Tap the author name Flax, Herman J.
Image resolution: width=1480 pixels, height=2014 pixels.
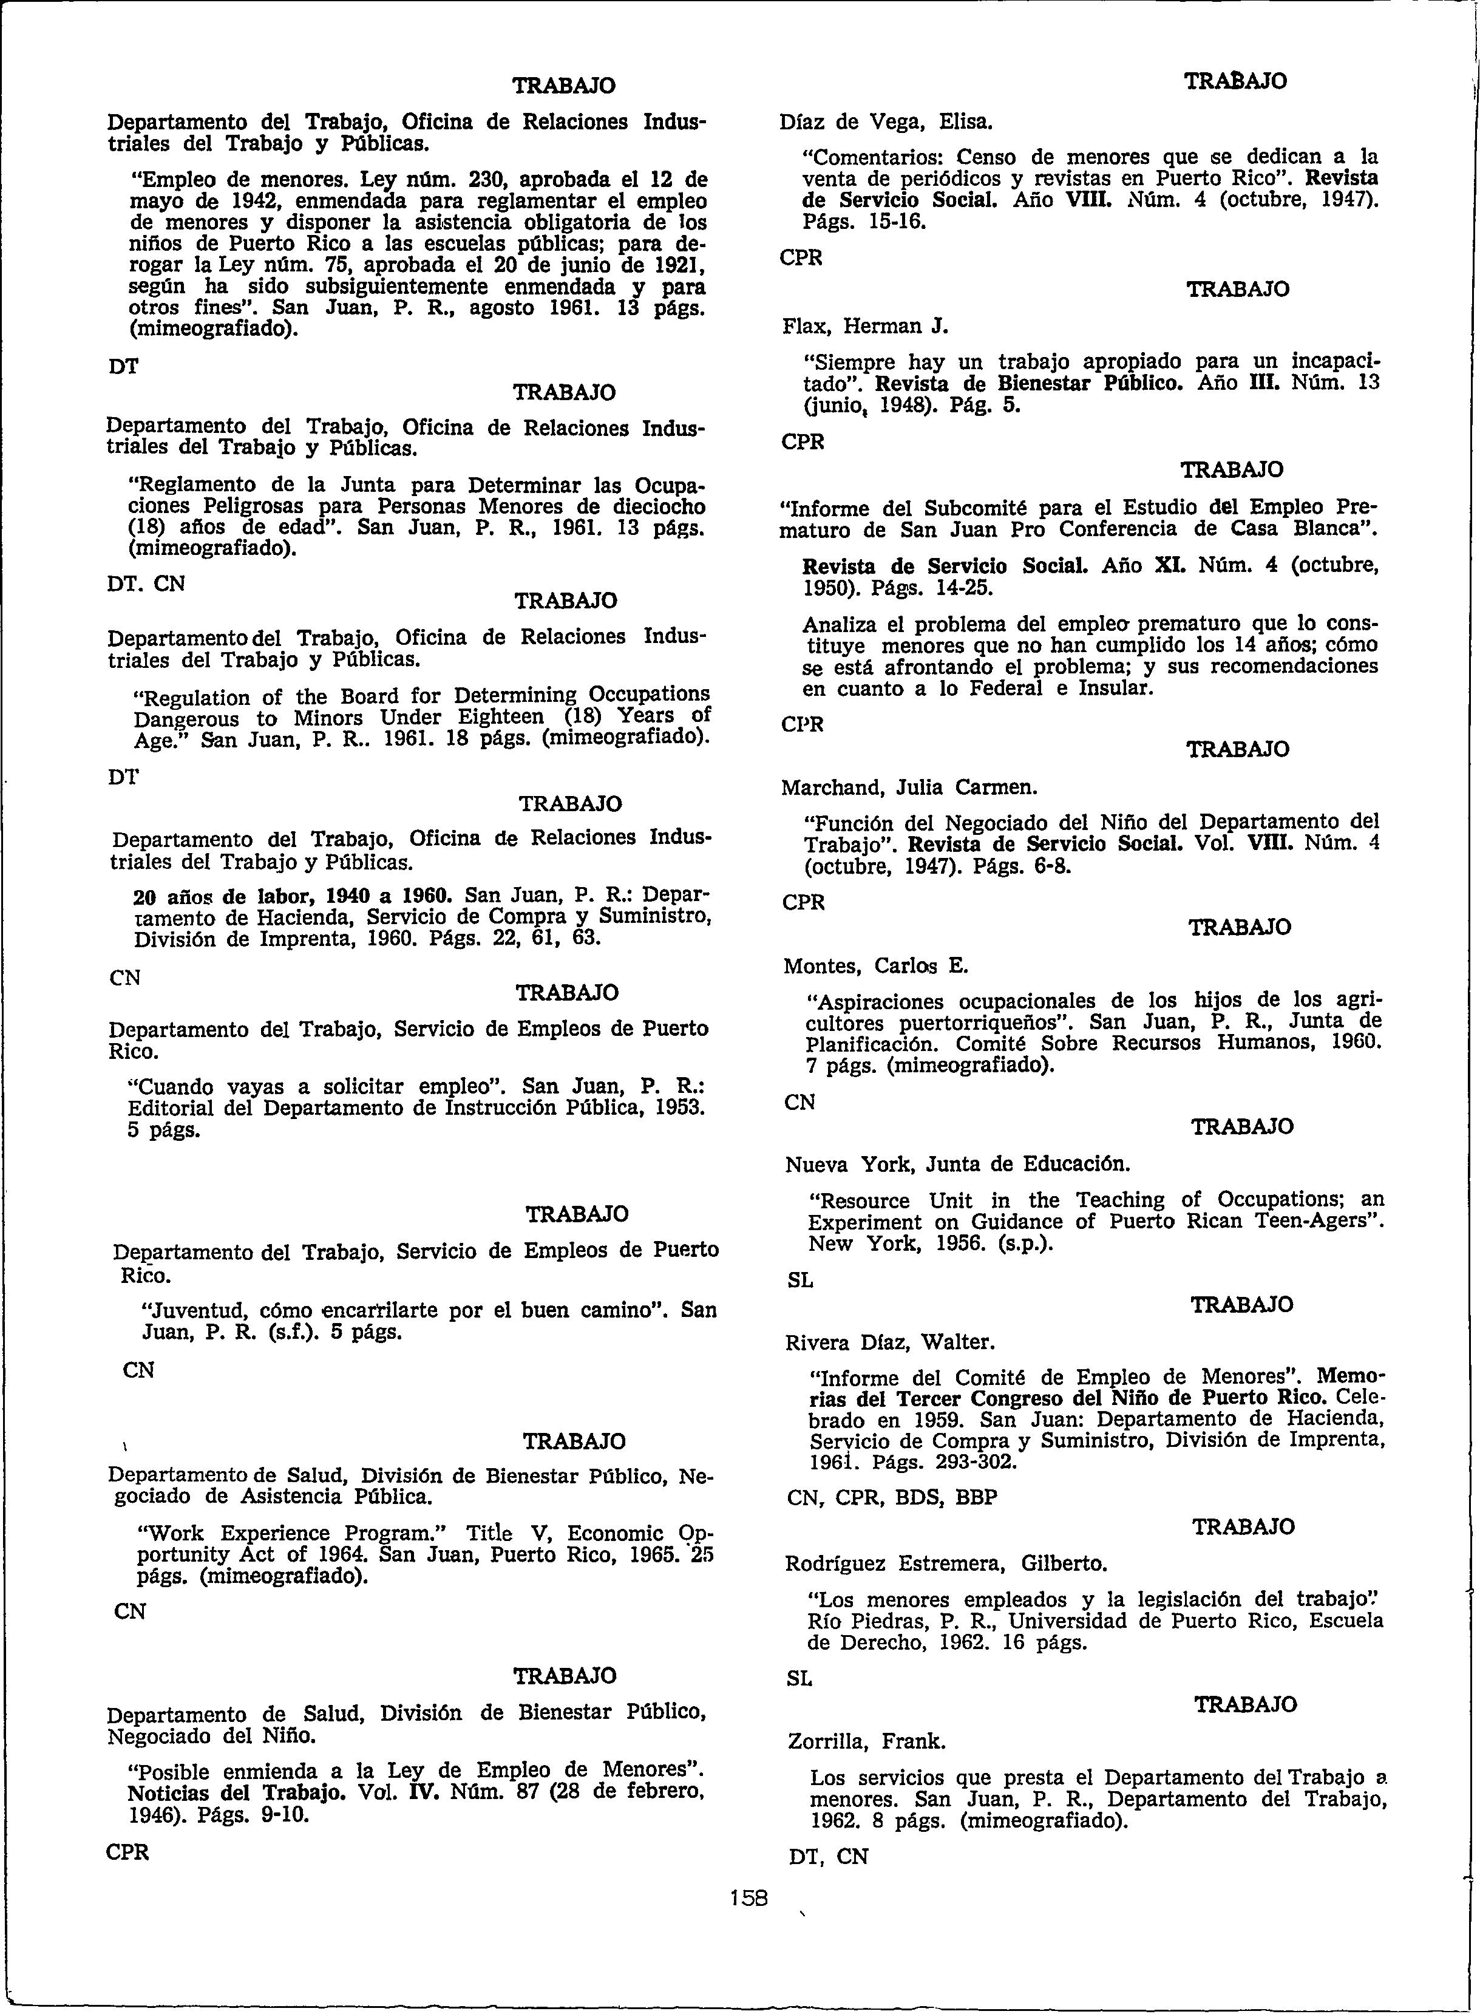(x=864, y=326)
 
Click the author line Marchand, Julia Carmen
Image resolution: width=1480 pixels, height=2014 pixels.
(x=909, y=788)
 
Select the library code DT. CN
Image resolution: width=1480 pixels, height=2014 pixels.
(x=147, y=583)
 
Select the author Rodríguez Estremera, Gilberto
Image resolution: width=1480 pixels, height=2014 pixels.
(x=945, y=1563)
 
